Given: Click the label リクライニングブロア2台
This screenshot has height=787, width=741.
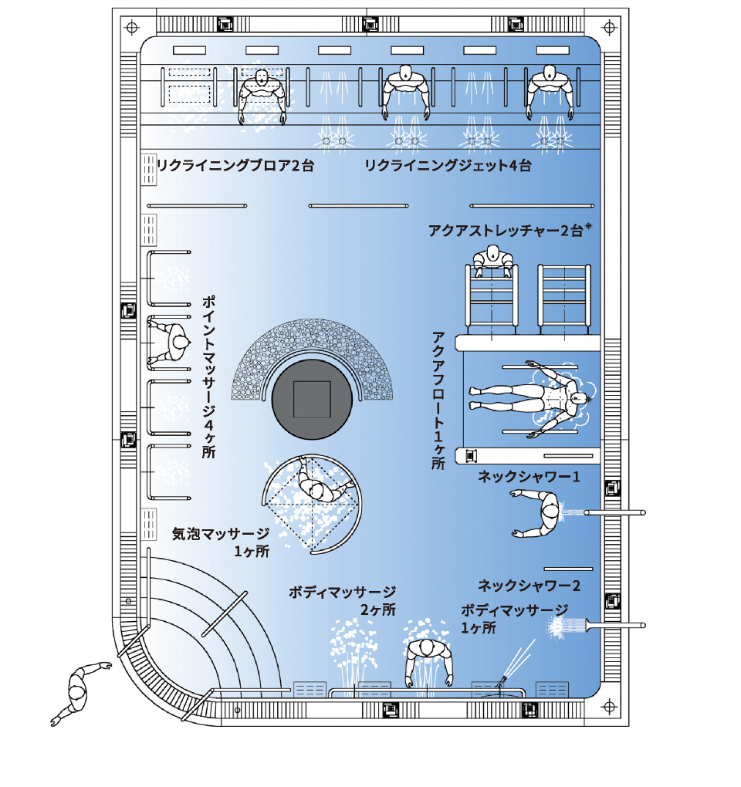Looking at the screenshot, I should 235,166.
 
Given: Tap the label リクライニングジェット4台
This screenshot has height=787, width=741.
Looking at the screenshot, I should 448,166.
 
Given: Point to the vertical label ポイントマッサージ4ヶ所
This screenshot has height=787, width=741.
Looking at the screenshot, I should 208,376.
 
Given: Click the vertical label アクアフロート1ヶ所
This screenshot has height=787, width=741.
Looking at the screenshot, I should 438,400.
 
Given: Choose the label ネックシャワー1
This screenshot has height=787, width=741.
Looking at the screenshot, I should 529,478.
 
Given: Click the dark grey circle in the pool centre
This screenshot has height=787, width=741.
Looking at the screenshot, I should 312,399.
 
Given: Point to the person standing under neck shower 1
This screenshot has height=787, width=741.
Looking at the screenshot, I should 544,513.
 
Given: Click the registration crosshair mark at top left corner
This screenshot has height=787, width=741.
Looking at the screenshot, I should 131,27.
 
